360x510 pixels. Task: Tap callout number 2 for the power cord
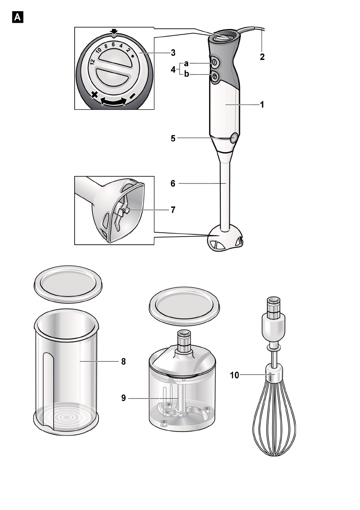pos(262,56)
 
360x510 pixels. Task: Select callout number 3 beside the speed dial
pos(173,53)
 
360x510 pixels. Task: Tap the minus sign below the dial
pos(133,95)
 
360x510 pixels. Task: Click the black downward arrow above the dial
pos(113,32)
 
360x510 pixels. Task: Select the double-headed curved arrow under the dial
pos(113,102)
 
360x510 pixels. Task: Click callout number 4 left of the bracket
pos(173,69)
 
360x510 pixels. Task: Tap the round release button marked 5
pos(234,138)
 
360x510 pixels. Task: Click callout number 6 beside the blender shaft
pos(174,183)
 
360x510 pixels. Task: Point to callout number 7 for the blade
pos(173,210)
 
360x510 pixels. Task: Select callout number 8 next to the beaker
pos(123,361)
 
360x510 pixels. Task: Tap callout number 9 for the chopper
pos(123,398)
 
